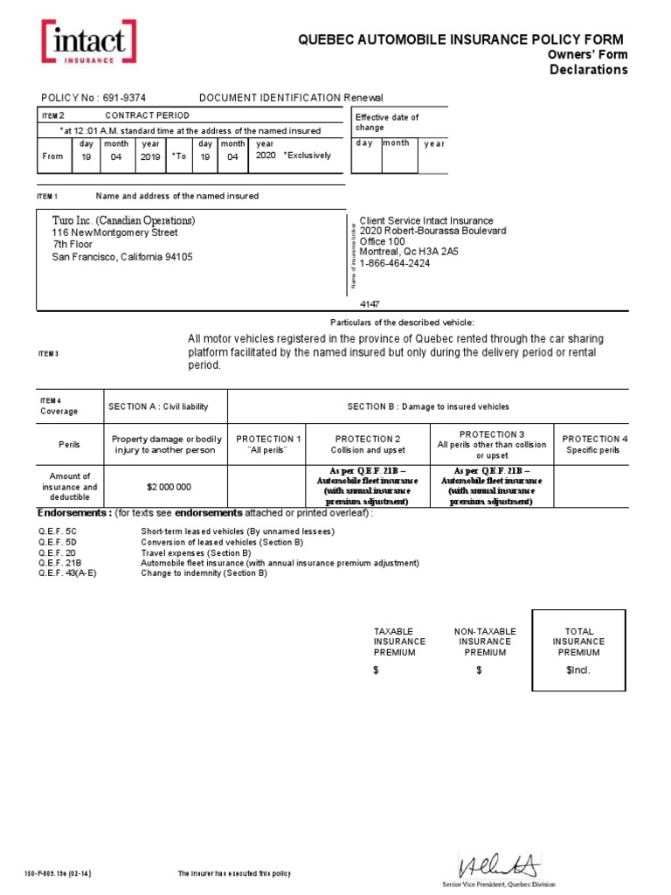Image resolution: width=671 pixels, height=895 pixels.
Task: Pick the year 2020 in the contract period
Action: [x=266, y=156]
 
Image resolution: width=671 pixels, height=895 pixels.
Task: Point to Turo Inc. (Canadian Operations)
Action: [x=123, y=220]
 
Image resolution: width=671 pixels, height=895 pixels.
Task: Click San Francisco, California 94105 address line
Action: [x=122, y=257]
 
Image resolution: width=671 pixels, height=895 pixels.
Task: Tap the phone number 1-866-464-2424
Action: [x=401, y=263]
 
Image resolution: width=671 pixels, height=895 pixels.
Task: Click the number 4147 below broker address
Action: [x=371, y=304]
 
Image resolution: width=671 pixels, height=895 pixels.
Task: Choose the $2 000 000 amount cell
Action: [x=164, y=487]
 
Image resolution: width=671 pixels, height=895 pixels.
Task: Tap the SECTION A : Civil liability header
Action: [x=164, y=406]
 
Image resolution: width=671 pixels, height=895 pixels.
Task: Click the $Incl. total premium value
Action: [x=578, y=670]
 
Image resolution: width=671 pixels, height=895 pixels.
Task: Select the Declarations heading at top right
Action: [x=588, y=70]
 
